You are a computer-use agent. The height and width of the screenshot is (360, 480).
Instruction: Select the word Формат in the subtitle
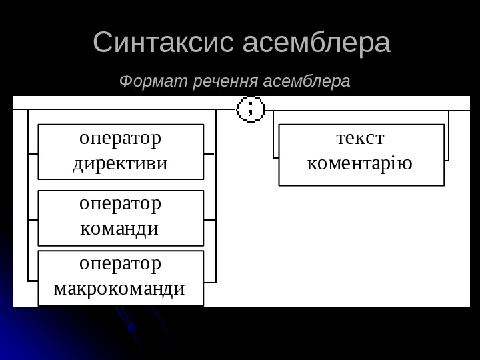152,82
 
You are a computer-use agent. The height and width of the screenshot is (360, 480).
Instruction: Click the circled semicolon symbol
251,108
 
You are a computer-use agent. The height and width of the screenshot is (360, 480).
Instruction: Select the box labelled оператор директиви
121,151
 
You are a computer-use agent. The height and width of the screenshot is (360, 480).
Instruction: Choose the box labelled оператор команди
121,218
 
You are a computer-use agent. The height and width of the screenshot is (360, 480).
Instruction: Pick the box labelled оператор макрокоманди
121,278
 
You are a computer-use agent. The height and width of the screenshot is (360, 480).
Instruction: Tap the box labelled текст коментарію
361,155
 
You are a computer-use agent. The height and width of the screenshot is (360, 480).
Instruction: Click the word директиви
121,163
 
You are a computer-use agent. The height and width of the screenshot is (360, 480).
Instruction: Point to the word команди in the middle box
119,229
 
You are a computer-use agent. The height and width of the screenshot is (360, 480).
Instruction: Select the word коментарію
360,163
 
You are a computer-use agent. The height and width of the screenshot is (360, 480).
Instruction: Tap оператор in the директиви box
121,139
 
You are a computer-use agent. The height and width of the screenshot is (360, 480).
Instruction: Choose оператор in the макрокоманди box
121,264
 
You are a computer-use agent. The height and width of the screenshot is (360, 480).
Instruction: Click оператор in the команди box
121,204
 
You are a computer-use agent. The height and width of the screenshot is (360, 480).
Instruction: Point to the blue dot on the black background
131,327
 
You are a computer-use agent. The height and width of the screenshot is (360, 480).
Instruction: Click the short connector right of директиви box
210,154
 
